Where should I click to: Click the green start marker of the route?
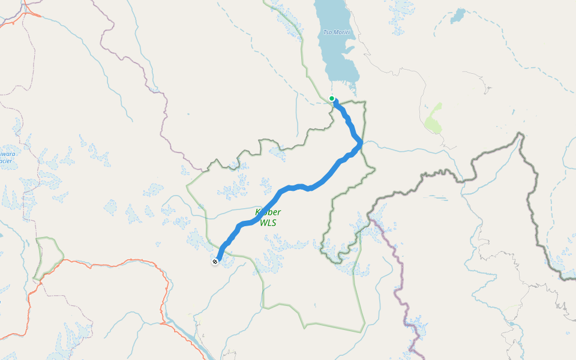pos(332,98)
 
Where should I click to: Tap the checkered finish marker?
pos(215,261)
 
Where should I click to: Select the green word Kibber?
pos(268,212)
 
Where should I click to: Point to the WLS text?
pos(268,223)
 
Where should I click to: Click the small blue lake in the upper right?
pos(458,14)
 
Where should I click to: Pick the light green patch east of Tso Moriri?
pos(434,118)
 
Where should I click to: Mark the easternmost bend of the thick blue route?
pos(361,143)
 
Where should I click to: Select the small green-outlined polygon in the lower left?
pos(49,257)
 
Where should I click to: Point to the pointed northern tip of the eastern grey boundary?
pos(521,136)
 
